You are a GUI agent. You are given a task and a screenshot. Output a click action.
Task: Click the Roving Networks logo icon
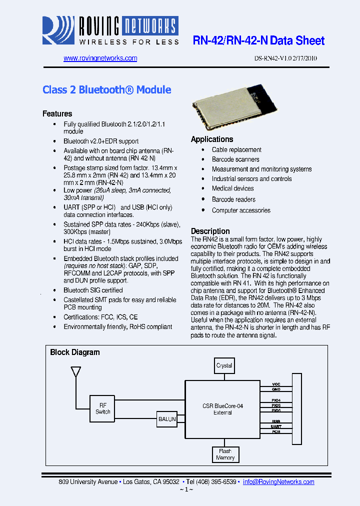pos(57,30)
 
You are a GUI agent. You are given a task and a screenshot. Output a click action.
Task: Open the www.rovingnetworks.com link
pos(100,58)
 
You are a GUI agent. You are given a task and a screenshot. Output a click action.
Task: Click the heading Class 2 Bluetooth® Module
pos(106,90)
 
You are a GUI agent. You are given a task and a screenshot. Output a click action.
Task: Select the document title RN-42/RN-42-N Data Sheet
pos(258,41)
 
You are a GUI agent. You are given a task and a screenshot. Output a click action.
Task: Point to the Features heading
pos(57,113)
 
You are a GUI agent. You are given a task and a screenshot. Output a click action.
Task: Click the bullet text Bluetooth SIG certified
pos(93,290)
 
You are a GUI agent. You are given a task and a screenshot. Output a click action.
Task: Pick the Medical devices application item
pos(232,188)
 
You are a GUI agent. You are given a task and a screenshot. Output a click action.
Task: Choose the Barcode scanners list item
pos(235,159)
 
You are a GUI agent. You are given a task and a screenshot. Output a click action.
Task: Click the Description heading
pos(210,231)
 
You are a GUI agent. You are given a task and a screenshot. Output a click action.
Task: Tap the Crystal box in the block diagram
pos(224,365)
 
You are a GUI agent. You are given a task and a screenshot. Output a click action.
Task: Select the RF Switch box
pos(102,408)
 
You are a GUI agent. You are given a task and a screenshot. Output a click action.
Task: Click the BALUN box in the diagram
pos(166,419)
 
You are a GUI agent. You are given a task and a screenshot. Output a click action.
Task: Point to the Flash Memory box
pos(225,454)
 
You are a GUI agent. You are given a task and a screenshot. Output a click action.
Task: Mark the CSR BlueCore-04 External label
pos(223,409)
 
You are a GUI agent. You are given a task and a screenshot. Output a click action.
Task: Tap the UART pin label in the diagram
pos(276,426)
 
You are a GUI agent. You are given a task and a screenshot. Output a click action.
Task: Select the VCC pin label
pos(276,384)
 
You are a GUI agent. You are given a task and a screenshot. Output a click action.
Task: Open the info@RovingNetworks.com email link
pos(278,482)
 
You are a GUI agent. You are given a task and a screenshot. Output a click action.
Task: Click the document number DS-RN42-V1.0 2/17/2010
pos(285,58)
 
